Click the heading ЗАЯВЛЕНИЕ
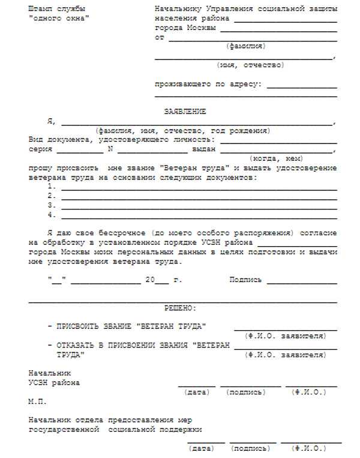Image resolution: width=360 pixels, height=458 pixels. click(x=185, y=112)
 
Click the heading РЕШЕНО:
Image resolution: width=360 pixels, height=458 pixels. click(x=180, y=308)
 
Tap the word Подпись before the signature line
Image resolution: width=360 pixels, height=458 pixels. click(x=246, y=280)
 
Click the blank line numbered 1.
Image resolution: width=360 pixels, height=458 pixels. click(x=199, y=187)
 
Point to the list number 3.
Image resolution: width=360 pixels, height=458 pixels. click(x=52, y=205)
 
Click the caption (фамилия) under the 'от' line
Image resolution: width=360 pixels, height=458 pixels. click(x=246, y=46)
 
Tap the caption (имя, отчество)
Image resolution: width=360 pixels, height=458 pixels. click(x=250, y=65)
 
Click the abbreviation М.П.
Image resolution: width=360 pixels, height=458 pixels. click(x=37, y=401)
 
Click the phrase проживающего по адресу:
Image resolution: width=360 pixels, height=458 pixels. click(x=208, y=84)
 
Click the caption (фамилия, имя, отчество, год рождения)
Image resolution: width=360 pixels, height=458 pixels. click(x=182, y=131)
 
